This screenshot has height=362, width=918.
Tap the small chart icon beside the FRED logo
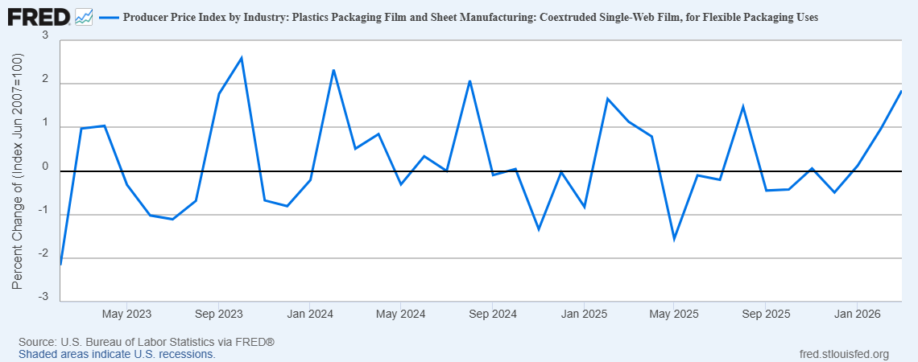click(84, 16)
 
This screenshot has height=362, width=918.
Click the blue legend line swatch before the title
click(109, 17)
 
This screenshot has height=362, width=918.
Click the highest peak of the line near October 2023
click(242, 58)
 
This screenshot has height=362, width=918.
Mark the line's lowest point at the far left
click(61, 264)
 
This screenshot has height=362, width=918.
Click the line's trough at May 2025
click(674, 239)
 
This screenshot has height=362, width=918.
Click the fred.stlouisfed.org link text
click(844, 354)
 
